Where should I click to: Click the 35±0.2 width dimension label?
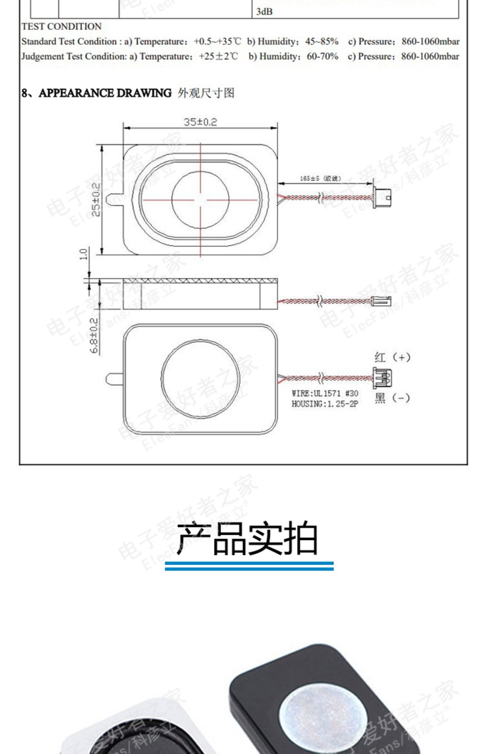pos(200,122)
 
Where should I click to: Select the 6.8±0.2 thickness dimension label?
pos(94,335)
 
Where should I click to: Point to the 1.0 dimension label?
pos(84,254)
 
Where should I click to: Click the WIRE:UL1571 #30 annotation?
pos(325,393)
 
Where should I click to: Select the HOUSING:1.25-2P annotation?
pos(325,404)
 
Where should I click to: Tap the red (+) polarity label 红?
pos(380,358)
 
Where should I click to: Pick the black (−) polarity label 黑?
pos(380,398)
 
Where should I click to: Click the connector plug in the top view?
pos(382,197)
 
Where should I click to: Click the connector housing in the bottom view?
pos(382,378)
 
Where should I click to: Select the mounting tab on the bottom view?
pos(114,378)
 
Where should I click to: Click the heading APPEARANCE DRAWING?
pos(105,93)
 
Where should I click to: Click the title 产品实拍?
pos(247,537)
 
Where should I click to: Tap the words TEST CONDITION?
pos(62,27)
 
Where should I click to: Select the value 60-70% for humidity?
pos(322,57)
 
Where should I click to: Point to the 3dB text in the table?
pos(264,12)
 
